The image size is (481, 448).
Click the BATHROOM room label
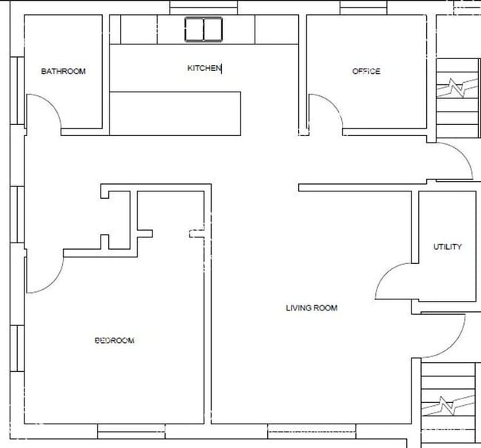click(x=63, y=72)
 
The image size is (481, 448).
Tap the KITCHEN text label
click(x=204, y=68)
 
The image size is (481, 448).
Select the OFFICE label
click(x=366, y=72)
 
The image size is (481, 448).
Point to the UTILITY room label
click(x=448, y=247)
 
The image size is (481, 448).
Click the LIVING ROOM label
click(x=312, y=308)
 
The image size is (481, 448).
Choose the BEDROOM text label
click(x=115, y=341)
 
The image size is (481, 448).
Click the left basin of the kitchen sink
click(x=195, y=30)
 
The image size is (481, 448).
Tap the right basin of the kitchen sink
click(x=213, y=30)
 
